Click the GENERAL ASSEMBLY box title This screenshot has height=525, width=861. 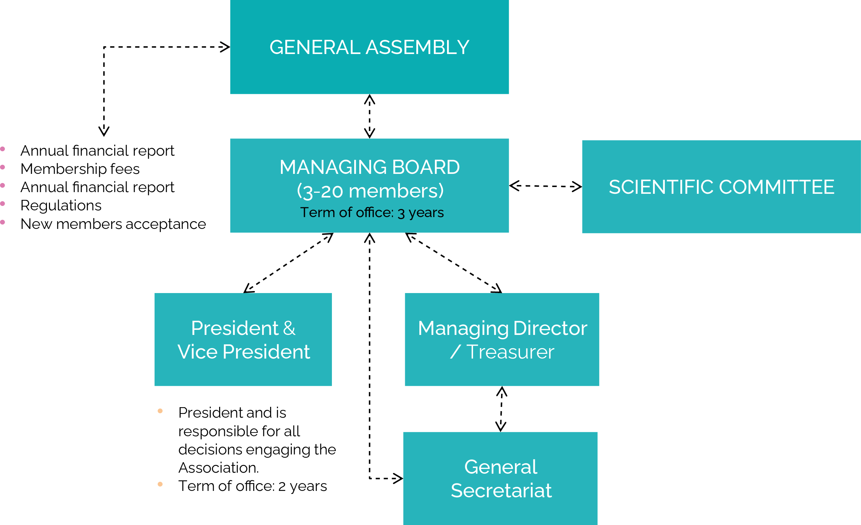[369, 48]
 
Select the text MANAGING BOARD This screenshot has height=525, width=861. [369, 167]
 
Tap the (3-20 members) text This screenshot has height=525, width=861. [370, 191]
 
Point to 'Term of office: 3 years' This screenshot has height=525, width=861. [372, 213]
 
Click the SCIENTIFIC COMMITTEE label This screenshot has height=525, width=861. [721, 187]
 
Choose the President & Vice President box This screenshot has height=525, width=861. [243, 340]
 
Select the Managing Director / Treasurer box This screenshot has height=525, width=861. [502, 340]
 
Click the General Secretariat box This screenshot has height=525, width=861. [500, 478]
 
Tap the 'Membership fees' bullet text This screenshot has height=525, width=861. [80, 169]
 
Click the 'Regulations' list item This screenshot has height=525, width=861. [61, 205]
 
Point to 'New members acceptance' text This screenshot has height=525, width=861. [113, 224]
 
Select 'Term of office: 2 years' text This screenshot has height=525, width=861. [252, 486]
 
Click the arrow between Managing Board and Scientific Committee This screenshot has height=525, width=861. [545, 186]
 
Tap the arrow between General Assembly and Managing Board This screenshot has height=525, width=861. [369, 116]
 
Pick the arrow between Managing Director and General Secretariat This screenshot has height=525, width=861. [501, 409]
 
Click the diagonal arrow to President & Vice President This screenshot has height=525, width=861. [288, 263]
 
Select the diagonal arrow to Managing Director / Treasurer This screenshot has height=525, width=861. [453, 263]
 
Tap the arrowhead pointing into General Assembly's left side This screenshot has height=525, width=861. [225, 47]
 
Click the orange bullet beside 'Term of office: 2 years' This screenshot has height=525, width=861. [160, 484]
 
